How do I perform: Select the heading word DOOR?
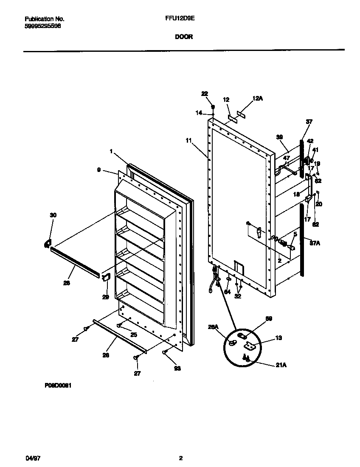pos(184,37)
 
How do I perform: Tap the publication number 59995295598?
pos(42,26)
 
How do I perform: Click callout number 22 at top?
pos(205,93)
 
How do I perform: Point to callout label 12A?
pos(258,98)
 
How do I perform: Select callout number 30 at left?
pos(53,215)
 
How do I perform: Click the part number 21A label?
pos(281,364)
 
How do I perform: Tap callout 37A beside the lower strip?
pos(315,243)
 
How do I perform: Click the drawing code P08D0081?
pos(57,387)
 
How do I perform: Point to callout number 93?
pos(177,369)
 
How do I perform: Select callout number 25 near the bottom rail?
pos(134,335)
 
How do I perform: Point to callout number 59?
pos(269,318)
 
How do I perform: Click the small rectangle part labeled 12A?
pos(242,113)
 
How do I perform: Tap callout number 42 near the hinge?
pos(310,141)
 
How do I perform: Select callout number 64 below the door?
pos(227,292)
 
